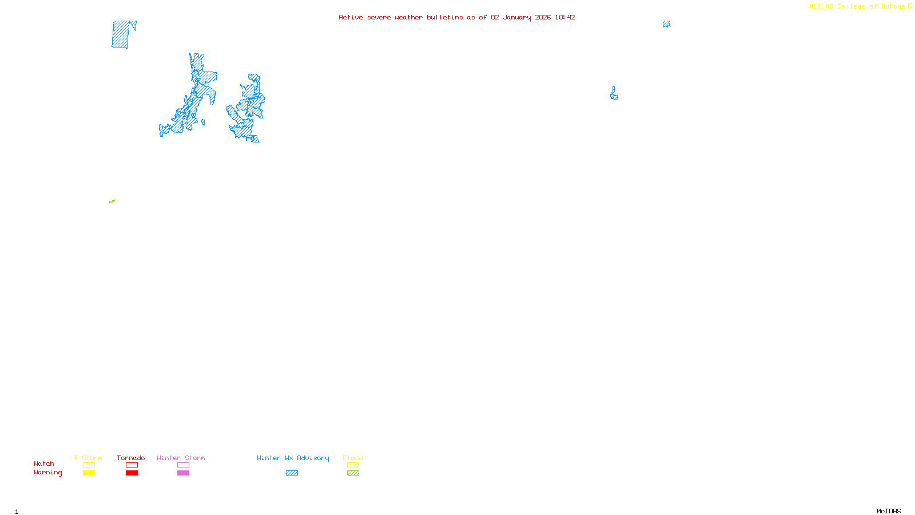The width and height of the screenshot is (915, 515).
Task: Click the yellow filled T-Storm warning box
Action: pos(89,473)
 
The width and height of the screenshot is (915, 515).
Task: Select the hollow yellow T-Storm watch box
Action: pos(89,465)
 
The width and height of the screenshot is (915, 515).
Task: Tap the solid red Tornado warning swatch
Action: pos(132,473)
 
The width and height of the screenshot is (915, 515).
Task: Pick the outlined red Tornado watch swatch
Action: pos(132,465)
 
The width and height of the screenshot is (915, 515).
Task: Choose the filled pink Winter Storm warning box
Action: pos(183,473)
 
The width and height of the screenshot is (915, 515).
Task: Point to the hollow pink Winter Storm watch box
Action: pos(183,465)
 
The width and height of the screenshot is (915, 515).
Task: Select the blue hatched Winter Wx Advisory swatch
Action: pos(292,473)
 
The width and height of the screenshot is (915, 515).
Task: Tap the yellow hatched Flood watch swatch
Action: pos(353,465)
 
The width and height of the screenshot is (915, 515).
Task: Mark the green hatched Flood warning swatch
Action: pos(353,473)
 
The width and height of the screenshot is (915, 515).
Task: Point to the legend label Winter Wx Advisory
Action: pos(293,458)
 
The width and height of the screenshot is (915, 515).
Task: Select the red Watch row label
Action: pos(44,464)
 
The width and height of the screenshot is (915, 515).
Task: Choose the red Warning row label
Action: pos(47,473)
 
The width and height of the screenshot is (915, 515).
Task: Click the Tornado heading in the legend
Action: pos(131,458)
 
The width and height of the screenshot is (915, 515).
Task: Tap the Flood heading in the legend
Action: pos(353,458)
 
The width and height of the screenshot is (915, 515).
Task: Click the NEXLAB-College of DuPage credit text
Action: pos(857,7)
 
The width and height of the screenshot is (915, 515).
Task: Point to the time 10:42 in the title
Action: pos(565,17)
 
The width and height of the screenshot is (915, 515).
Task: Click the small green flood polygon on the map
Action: pos(112,201)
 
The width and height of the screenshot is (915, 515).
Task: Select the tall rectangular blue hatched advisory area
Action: pos(121,34)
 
